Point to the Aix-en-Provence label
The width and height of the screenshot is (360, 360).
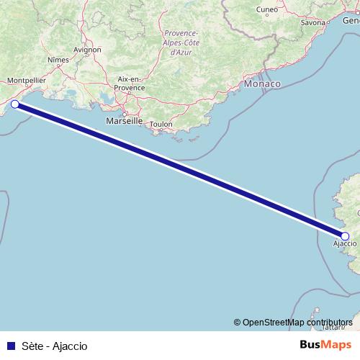(130, 83)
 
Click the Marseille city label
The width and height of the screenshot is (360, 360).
(124, 121)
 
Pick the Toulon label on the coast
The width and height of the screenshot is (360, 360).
(162, 124)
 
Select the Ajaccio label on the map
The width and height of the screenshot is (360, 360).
(344, 246)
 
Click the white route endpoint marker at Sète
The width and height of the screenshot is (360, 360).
(15, 104)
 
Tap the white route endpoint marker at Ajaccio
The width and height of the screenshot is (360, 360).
(345, 236)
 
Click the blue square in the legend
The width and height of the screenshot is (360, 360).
(9, 346)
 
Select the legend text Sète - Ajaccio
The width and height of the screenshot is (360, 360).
(54, 346)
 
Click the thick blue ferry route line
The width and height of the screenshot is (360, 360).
(180, 170)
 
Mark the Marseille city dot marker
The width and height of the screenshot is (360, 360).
(124, 113)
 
